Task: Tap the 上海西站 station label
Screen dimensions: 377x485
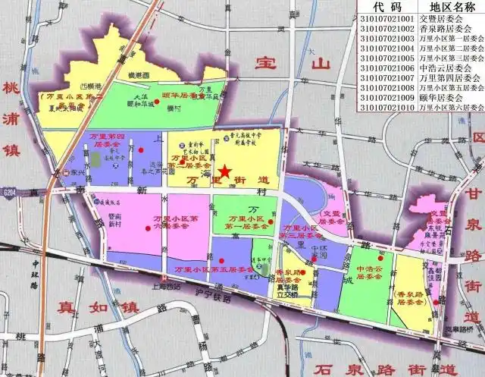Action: click(164, 287)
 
